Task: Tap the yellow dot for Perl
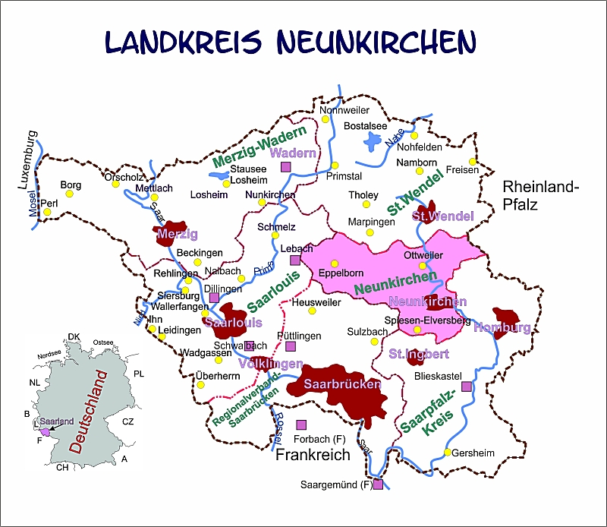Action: click(47, 212)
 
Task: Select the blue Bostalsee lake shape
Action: click(373, 141)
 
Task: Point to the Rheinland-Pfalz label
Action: click(540, 195)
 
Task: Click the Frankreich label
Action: click(313, 455)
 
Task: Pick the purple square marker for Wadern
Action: click(286, 167)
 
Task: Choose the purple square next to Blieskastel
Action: click(466, 387)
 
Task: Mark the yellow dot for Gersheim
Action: click(448, 453)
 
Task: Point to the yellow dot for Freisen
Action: click(472, 161)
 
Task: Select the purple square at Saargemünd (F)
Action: click(378, 484)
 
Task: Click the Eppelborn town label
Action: click(341, 273)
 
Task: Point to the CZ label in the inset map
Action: click(127, 421)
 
